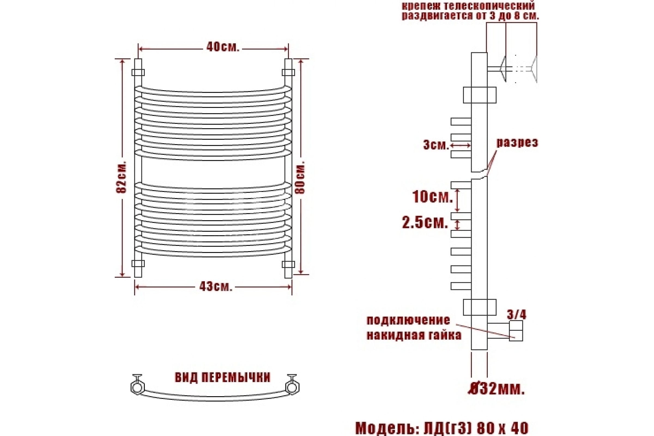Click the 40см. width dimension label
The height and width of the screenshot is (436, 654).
(223, 47)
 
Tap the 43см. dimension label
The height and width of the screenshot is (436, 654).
(216, 286)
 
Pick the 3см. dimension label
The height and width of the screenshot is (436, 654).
(436, 145)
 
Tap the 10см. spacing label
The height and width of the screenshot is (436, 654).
(432, 197)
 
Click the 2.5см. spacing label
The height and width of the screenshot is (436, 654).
(425, 223)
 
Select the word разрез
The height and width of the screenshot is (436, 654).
(517, 143)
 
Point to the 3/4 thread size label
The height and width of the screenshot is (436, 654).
(517, 314)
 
